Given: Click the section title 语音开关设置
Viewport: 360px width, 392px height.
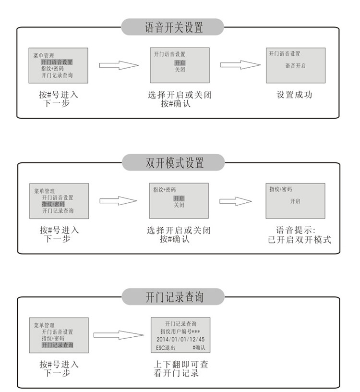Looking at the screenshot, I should click(x=173, y=27).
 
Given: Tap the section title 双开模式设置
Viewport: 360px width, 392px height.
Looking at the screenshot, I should click(x=173, y=162).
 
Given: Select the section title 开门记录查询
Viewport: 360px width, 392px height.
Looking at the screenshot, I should click(x=173, y=297).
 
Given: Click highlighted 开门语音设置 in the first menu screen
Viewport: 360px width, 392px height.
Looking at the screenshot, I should click(x=57, y=62).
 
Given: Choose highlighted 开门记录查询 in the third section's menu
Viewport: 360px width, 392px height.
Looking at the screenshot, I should click(x=57, y=345).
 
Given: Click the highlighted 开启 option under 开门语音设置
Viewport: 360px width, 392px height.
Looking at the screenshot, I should click(x=180, y=63).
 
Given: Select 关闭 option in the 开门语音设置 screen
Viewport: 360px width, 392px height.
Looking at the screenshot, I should click(x=180, y=70).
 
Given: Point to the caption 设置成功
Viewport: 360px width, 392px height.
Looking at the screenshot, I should click(x=294, y=95).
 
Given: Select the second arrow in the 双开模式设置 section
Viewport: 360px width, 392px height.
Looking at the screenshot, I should click(x=236, y=201).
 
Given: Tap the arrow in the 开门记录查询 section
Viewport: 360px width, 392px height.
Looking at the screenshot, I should click(x=119, y=335).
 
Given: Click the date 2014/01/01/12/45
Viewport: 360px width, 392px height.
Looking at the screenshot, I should click(x=181, y=339).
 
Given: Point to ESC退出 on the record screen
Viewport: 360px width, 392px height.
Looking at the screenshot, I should click(x=166, y=347).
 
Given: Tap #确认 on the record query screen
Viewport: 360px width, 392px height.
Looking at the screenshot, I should click(x=198, y=347).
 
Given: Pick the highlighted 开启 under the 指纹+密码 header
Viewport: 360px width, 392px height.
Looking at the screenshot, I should click(x=179, y=198).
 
